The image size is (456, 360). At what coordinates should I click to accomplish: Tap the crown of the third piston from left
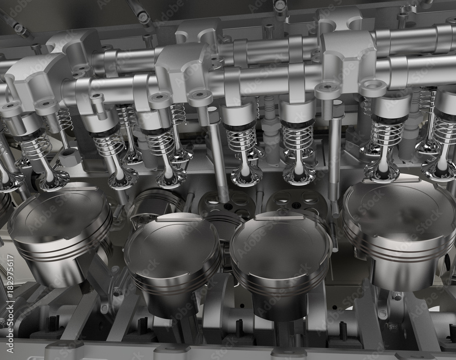pos(279,242)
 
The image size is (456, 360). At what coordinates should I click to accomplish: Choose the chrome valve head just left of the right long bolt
pos(299,173)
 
